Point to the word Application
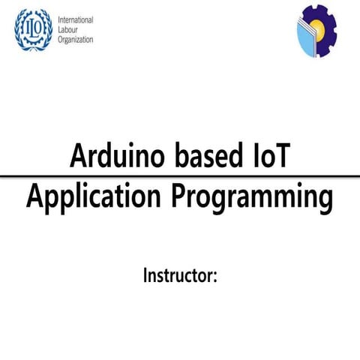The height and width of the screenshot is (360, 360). (x=93, y=197)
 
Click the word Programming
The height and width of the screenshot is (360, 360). (x=252, y=197)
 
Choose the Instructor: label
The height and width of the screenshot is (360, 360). (x=180, y=275)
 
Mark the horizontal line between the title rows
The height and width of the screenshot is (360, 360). (x=180, y=176)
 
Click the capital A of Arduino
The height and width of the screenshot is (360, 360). (x=78, y=155)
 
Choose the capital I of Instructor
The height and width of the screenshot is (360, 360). (x=146, y=274)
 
